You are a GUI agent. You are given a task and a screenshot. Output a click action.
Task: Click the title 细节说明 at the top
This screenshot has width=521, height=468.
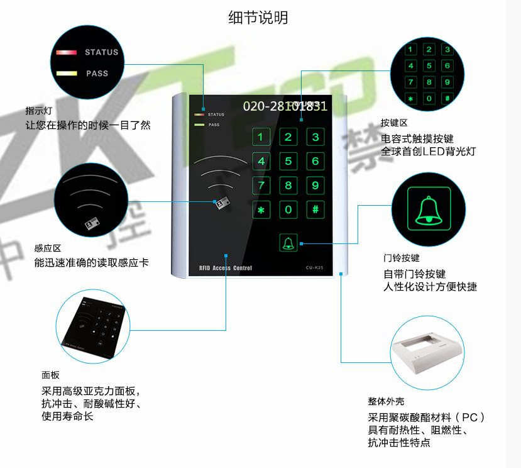click(x=258, y=18)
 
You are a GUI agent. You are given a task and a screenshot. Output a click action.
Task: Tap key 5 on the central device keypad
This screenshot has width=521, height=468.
click(x=288, y=161)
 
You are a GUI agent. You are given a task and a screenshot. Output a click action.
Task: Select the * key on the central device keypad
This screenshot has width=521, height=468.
click(x=261, y=209)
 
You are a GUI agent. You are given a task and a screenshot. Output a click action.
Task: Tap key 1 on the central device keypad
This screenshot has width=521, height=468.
click(x=261, y=137)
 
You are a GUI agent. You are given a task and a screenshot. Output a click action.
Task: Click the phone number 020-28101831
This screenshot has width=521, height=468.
click(x=285, y=106)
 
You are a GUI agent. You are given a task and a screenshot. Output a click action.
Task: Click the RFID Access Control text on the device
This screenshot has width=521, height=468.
click(x=225, y=269)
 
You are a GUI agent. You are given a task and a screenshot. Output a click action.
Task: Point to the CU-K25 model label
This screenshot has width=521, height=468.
click(x=315, y=269)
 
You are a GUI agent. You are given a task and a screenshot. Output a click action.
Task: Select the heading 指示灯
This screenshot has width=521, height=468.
click(x=38, y=110)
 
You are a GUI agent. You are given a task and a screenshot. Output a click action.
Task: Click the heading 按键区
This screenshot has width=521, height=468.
click(x=394, y=123)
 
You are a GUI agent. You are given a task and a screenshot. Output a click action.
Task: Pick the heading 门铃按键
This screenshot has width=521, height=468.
click(x=402, y=258)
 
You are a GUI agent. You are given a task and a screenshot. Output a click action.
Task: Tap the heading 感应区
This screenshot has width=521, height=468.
click(x=47, y=248)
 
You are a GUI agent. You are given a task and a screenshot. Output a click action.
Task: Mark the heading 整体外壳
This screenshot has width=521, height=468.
click(x=386, y=401)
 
